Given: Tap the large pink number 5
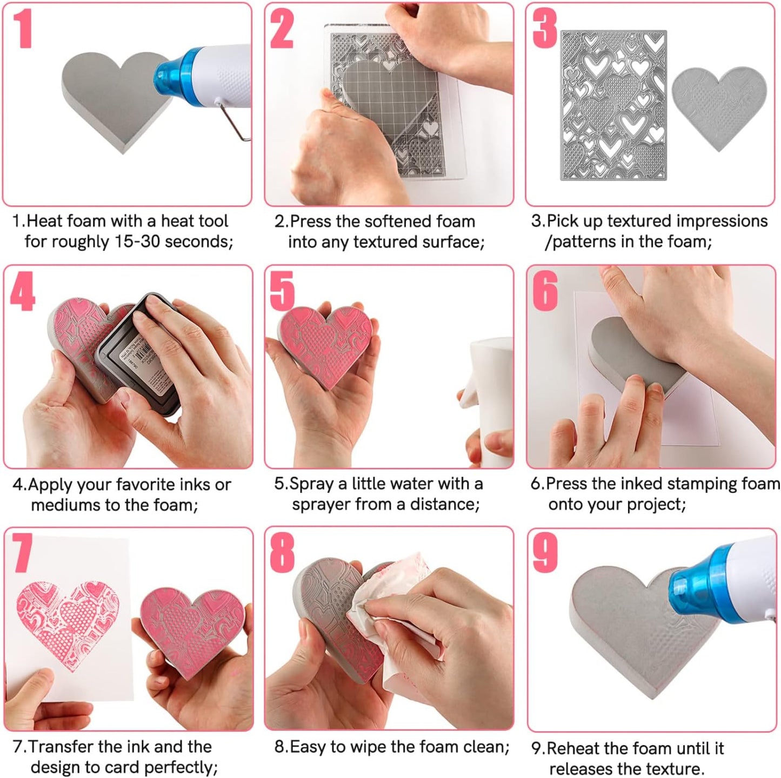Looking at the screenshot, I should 282,291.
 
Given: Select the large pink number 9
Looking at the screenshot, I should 544,554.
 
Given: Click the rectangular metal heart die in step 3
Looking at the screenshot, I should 613,105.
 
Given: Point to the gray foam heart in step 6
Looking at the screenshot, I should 627,354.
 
